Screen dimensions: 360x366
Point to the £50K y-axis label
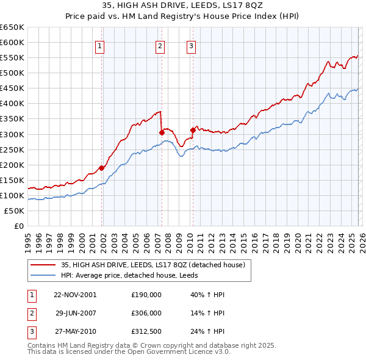pyautogui.click(x=14, y=211)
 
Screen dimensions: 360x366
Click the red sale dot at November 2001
pyautogui.click(x=102, y=168)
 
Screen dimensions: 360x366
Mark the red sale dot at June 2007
pyautogui.click(x=162, y=132)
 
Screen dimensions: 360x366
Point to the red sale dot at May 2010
pyautogui.click(x=193, y=130)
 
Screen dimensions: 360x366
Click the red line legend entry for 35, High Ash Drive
pyautogui.click(x=152, y=265)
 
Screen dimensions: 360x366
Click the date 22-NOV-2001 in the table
pyautogui.click(x=74, y=295)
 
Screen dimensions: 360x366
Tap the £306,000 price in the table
pyautogui.click(x=146, y=313)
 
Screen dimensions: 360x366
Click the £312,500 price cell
pyautogui.click(x=146, y=331)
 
